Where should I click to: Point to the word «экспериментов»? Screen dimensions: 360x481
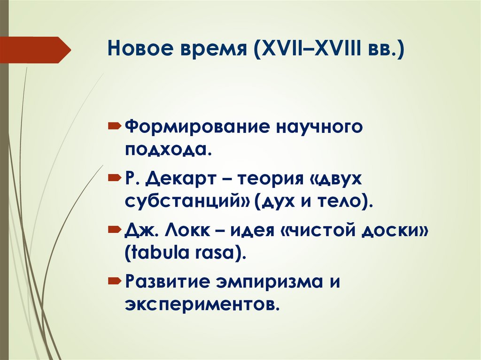pos(202,305)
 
